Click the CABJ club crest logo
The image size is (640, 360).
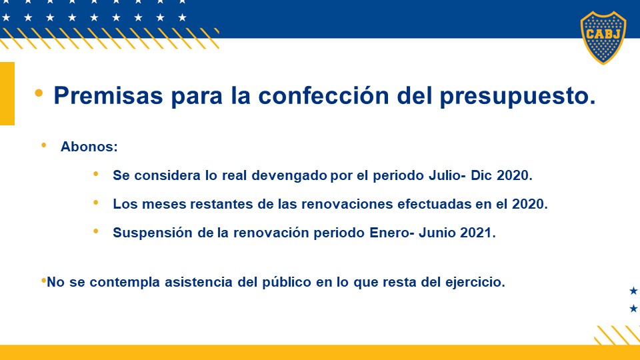(603, 37)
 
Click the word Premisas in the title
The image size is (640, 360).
(108, 95)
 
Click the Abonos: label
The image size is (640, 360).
(89, 147)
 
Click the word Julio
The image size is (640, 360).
(447, 175)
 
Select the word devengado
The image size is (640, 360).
(289, 176)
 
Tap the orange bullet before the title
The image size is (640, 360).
(39, 93)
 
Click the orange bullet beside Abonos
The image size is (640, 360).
(44, 145)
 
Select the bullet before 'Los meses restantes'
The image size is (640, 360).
(96, 202)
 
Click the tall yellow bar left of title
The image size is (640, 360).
(7, 93)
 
